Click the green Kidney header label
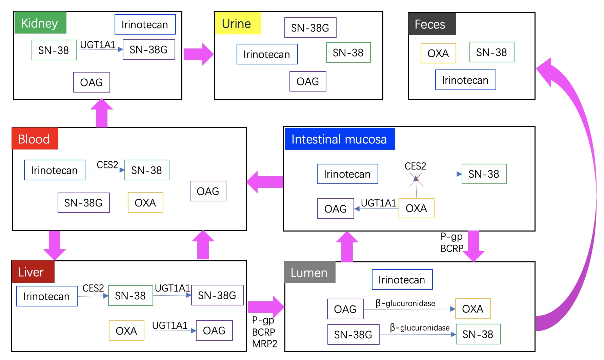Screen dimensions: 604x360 [40, 23]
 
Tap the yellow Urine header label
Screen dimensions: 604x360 [238, 23]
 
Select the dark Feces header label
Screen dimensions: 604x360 [432, 24]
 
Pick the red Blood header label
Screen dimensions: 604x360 [35, 139]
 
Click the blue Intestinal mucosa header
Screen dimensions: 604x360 [340, 139]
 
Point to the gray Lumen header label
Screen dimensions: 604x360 [310, 272]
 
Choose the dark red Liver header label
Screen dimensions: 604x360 [33, 272]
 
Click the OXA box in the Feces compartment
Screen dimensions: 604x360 [438, 53]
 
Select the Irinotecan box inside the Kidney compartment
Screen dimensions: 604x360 [145, 24]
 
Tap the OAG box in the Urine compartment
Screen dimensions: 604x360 [308, 81]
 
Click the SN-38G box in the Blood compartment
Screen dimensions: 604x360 [84, 203]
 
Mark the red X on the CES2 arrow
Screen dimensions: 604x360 [416, 179]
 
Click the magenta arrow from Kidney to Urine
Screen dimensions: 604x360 [199, 54]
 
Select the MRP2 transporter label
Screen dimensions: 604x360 [265, 344]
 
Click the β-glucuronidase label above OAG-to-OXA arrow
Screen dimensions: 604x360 [405, 303]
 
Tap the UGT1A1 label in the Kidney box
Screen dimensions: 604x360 [98, 45]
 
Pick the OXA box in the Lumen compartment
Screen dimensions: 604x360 [473, 309]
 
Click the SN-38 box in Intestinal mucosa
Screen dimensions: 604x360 [484, 174]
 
